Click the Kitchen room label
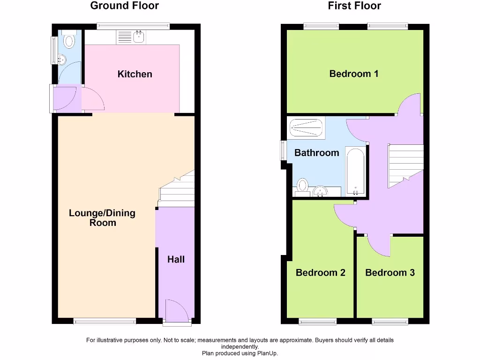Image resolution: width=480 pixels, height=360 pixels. [x=135, y=74]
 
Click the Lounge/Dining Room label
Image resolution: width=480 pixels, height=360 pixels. [x=102, y=218]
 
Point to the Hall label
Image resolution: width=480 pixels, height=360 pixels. [x=176, y=259]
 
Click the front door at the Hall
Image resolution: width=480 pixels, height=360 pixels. [x=177, y=311]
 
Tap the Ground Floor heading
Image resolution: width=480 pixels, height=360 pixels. [x=124, y=6]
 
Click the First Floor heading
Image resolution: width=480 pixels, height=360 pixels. [x=354, y=6]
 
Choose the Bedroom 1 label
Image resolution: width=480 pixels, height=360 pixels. [x=353, y=74]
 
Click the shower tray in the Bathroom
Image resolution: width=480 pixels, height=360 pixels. [x=306, y=127]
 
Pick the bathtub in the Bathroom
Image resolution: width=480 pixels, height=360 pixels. [x=355, y=172]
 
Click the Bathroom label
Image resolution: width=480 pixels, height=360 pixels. [x=316, y=153]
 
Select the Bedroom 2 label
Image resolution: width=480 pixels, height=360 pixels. [x=320, y=273]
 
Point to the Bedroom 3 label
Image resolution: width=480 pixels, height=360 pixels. [x=390, y=273]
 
